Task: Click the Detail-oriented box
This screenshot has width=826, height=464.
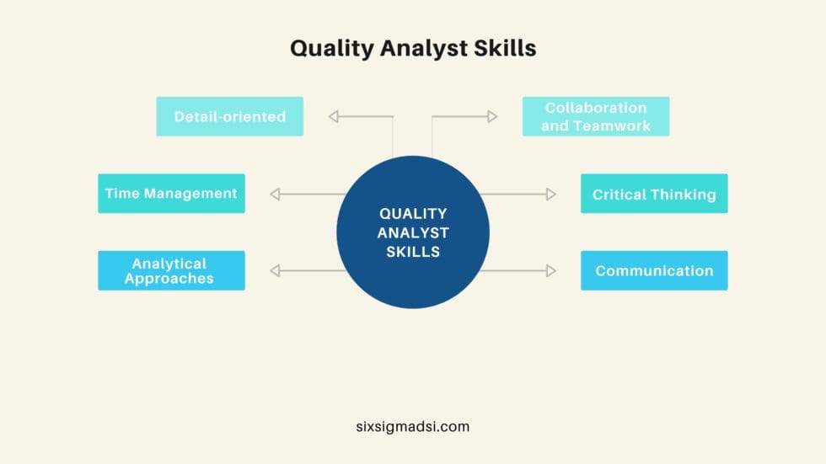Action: tap(229, 116)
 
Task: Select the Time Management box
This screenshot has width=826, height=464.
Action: tap(171, 193)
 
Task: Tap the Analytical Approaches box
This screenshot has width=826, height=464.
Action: tap(171, 270)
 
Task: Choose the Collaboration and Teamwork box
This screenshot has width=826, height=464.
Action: tap(595, 116)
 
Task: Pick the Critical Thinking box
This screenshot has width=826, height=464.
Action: tap(654, 194)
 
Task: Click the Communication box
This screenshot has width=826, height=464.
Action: tap(654, 270)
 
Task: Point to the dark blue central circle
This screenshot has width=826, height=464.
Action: tap(413, 232)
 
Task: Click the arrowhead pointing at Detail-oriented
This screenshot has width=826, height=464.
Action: tap(334, 117)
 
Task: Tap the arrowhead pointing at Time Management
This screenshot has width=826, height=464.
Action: tap(275, 195)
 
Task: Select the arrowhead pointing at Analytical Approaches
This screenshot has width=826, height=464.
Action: tap(275, 270)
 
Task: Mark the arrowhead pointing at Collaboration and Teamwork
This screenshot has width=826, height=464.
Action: tap(492, 117)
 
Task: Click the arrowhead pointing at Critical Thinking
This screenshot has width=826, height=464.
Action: tap(551, 195)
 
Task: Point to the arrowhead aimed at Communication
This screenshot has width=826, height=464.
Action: tap(551, 270)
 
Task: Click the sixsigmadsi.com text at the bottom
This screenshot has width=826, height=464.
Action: tap(412, 426)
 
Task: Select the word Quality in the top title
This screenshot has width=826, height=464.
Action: tap(329, 49)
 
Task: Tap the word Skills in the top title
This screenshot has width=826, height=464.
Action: tap(503, 48)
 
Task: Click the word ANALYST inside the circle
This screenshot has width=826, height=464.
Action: tap(413, 232)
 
